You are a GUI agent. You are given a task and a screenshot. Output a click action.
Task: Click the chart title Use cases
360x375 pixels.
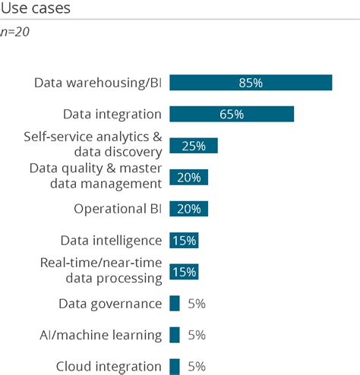pos(36,10)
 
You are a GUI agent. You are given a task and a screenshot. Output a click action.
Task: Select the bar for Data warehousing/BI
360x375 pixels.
pos(251,83)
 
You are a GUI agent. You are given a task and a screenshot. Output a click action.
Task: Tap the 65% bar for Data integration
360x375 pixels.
pos(231,114)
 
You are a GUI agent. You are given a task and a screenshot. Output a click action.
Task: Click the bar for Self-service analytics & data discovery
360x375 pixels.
pos(193,146)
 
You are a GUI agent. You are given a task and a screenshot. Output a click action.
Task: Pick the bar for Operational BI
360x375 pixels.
pos(188,209)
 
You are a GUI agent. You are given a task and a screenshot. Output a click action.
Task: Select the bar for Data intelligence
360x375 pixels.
pos(183,241)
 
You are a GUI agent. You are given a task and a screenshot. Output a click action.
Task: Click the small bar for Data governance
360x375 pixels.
pos(175,304)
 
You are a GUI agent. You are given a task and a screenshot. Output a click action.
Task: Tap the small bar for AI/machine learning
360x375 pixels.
pos(175,335)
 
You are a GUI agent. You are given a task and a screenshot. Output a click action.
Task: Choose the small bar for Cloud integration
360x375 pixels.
pos(175,367)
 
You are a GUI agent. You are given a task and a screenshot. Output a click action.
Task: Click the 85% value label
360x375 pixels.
pos(251,83)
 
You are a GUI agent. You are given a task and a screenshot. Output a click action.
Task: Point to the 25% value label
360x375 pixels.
pos(194,146)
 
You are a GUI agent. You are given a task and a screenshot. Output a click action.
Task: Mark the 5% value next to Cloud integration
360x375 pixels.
pos(196,367)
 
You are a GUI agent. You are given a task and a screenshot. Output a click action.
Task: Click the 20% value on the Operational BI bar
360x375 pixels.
pos(188,209)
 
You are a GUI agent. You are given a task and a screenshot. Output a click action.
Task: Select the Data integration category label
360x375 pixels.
pos(112,114)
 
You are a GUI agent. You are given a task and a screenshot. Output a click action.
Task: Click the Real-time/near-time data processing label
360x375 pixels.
pos(101,270)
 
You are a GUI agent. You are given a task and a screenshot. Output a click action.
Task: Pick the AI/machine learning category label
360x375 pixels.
pos(101,335)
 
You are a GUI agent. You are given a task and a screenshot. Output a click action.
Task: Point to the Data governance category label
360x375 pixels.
pos(110,304)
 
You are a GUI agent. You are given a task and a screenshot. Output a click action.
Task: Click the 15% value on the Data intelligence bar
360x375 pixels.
pos(184,241)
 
